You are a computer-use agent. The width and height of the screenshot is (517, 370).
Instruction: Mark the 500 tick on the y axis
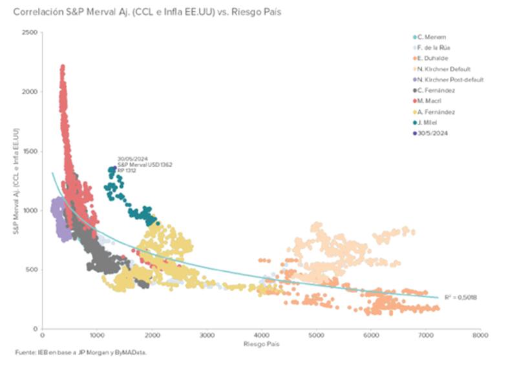point(32,270)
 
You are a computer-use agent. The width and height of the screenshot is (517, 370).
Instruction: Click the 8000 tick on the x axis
point(480,336)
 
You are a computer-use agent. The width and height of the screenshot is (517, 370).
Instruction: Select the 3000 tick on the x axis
point(206,336)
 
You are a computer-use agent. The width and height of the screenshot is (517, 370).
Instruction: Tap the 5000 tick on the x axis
point(315,336)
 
